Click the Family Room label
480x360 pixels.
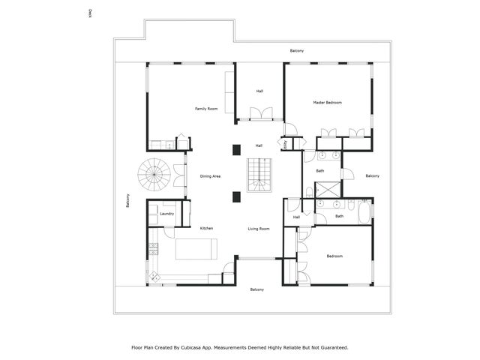pyautogui.click(x=206, y=109)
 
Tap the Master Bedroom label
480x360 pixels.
pyautogui.click(x=328, y=102)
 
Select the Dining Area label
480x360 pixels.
pyautogui.click(x=210, y=176)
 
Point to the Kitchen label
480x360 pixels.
pyautogui.click(x=206, y=228)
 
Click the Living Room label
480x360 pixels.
pyautogui.click(x=259, y=228)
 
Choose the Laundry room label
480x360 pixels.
pyautogui.click(x=167, y=214)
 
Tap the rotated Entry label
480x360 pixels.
pyautogui.click(x=286, y=145)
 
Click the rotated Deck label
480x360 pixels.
pyautogui.click(x=90, y=13)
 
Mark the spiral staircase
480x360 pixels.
pyautogui.click(x=154, y=175)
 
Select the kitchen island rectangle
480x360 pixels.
pyautogui.click(x=196, y=248)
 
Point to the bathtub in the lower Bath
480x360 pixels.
pyautogui.click(x=364, y=212)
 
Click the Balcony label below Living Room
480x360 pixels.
pyautogui.click(x=256, y=289)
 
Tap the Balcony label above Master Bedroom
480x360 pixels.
pyautogui.click(x=297, y=50)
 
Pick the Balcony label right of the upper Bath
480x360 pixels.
pyautogui.click(x=372, y=175)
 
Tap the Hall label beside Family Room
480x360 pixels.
pyautogui.click(x=259, y=91)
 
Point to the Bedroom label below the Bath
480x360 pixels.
pyautogui.click(x=334, y=256)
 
